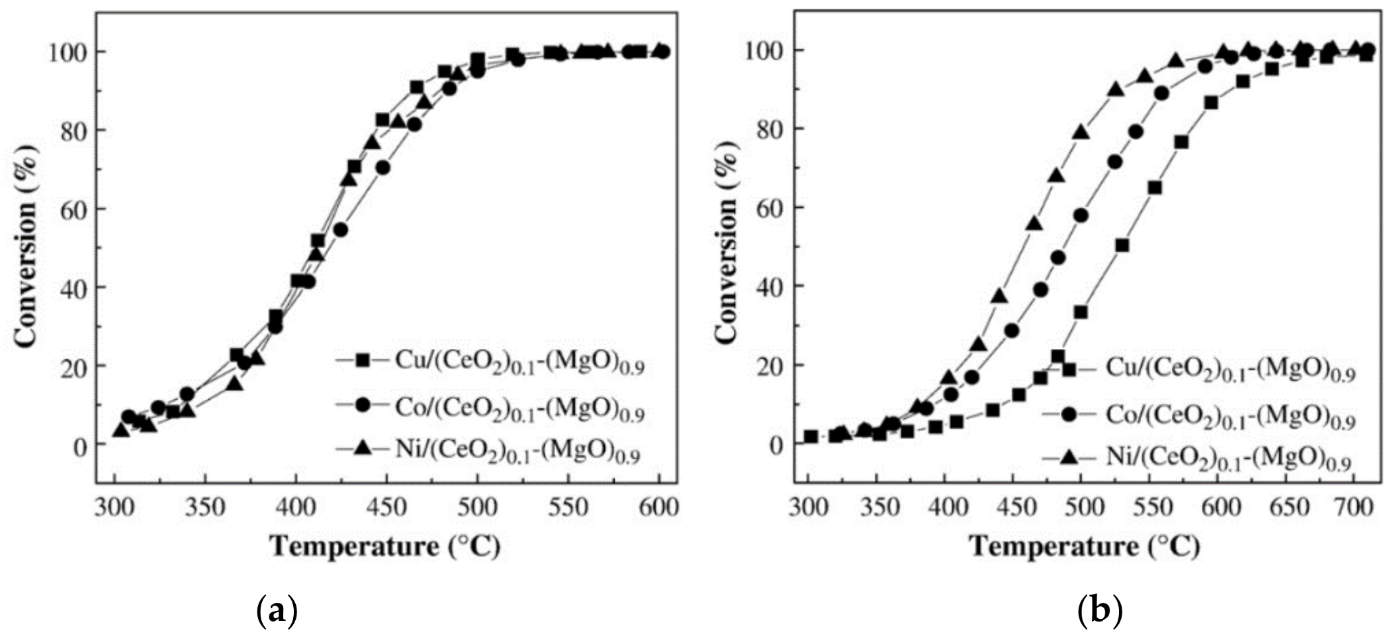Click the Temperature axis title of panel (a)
[385, 547]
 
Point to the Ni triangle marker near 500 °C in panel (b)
[1081, 132]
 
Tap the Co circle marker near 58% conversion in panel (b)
[1081, 216]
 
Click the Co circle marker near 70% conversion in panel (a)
[382, 168]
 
